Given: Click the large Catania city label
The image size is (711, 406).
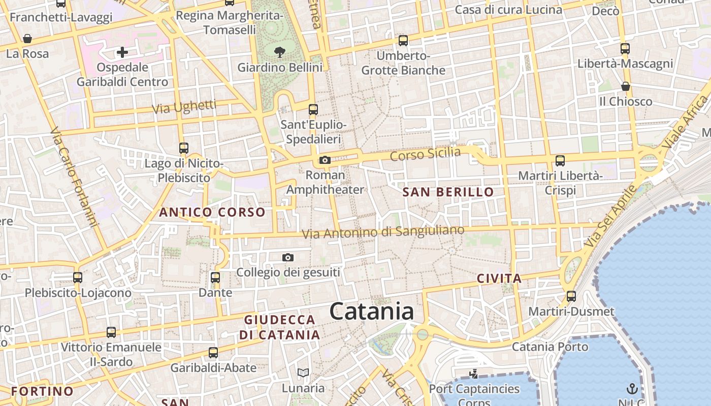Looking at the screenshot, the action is point(372,311).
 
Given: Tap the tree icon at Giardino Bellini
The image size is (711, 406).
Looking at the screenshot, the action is point(279,51).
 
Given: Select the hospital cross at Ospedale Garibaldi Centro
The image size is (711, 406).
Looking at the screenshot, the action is point(122,52).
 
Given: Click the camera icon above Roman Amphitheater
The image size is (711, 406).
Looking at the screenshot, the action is point(325,160).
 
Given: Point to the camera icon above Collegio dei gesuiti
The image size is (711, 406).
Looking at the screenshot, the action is point(288,258).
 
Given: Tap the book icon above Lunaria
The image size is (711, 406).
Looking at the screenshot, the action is point(303,373).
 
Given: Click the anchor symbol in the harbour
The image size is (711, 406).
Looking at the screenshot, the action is point(632,389).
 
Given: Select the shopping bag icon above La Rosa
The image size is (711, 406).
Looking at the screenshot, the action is point(27,39).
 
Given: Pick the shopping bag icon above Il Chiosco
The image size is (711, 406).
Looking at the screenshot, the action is point(626,86).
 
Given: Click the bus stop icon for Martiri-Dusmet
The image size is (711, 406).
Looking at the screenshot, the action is point(571,296).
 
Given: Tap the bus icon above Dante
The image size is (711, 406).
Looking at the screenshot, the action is point(215,278).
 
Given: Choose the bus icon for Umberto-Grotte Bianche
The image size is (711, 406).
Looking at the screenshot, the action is point(403,40).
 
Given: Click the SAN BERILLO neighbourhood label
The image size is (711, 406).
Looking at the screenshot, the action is point(448,192).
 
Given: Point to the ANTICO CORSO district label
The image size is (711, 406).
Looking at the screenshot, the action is point(212,212).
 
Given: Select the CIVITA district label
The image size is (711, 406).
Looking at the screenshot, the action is point(499,278).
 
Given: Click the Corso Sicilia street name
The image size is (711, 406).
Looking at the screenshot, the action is point(426,153).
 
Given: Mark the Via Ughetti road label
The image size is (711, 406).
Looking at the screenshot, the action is point(184,107).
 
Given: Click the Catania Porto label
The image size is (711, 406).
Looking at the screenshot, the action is point(550,347).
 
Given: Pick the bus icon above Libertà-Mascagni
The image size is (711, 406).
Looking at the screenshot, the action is point(625,49).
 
